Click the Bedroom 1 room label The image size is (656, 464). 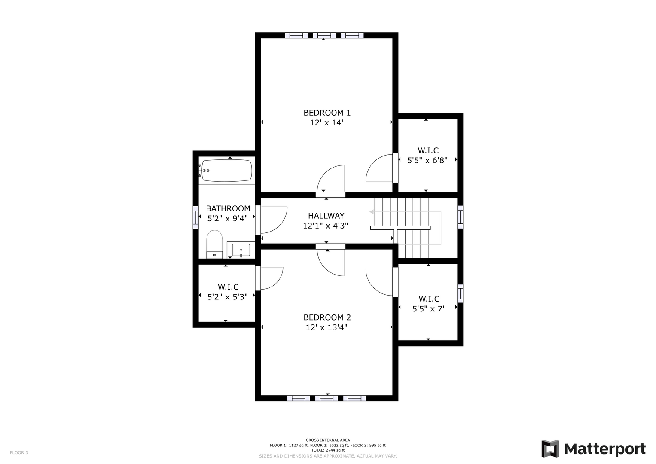[327, 113]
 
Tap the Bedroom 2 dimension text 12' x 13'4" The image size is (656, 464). [326, 327]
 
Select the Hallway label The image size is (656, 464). [326, 216]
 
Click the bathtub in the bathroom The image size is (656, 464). [226, 171]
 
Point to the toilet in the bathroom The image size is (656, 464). [214, 244]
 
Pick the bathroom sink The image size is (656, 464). [241, 250]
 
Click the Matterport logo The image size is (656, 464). [593, 449]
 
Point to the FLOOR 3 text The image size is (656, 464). [19, 452]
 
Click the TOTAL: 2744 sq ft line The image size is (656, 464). [328, 450]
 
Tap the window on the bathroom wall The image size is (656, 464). [195, 217]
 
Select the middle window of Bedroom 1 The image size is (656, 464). [324, 35]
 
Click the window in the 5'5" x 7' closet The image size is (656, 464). [460, 293]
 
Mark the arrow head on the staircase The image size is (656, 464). [371, 211]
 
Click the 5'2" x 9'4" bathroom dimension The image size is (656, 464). [228, 219]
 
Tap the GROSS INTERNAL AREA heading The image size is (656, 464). [328, 440]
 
